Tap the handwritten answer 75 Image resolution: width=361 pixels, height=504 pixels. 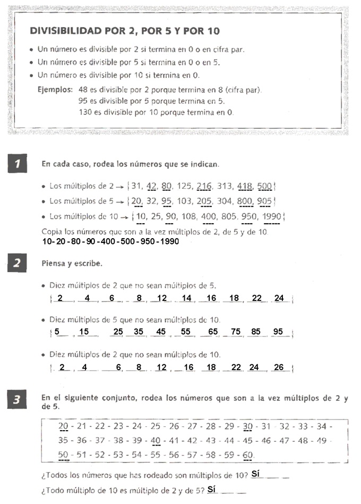[x=236, y=332]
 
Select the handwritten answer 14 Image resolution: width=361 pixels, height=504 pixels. [x=186, y=298]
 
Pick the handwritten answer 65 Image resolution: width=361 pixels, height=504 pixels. [x=213, y=332]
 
